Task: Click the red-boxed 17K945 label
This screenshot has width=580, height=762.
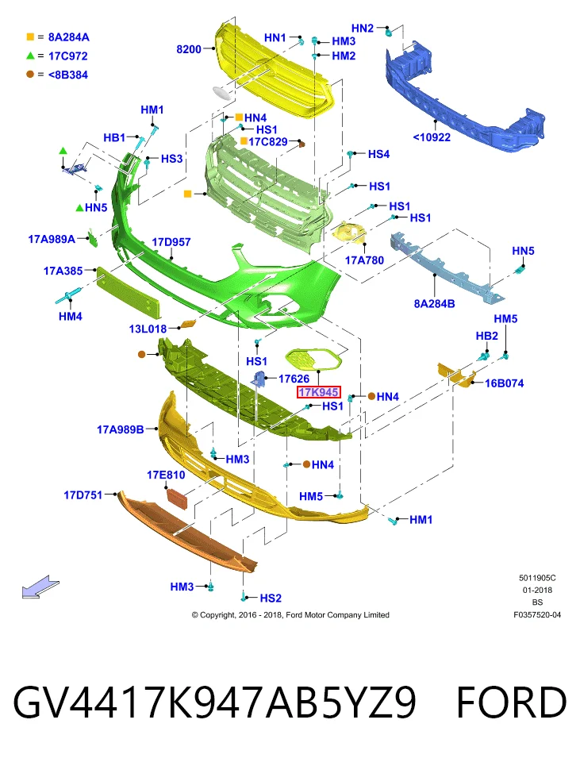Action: pos(319,392)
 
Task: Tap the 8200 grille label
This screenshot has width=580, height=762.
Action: pos(189,49)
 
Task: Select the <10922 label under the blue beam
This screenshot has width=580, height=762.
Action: pos(432,137)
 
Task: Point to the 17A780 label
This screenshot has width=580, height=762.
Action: pos(364,260)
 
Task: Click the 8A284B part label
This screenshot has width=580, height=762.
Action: pos(434,304)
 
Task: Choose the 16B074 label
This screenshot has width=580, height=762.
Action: pos(504,383)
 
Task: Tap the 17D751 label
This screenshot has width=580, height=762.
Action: pos(83,495)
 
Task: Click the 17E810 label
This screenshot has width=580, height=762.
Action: pos(166,475)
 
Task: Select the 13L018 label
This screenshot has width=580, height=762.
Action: pos(148,329)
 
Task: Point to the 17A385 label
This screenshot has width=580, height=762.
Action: pos(63,271)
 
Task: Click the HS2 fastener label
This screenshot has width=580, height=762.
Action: pos(271,598)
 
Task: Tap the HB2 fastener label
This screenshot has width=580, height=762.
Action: pos(486,336)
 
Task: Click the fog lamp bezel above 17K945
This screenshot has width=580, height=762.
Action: pos(313,359)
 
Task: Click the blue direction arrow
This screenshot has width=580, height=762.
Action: pos(40,587)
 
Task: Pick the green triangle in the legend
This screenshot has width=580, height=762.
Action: pos(30,56)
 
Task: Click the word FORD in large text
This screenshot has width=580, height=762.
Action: pos(511,702)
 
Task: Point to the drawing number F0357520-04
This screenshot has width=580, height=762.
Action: pos(537,614)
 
